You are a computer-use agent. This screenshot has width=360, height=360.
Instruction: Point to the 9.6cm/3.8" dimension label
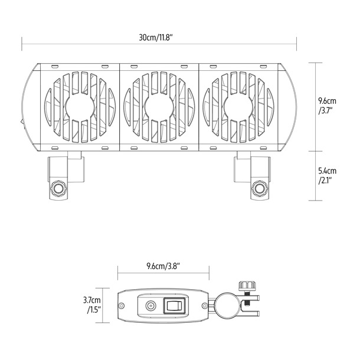coord(163,266)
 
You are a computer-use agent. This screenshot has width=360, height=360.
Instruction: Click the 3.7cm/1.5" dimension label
coord(92,305)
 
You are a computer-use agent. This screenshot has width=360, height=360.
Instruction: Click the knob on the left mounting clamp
coord(59,189)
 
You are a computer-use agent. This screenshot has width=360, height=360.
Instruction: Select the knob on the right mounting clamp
coord(258,189)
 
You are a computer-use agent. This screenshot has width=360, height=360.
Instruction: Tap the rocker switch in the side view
coord(174,306)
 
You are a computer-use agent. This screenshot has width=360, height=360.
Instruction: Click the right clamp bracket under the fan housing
coord(253,175)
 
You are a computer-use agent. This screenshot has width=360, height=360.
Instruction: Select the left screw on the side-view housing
coord(122,306)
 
